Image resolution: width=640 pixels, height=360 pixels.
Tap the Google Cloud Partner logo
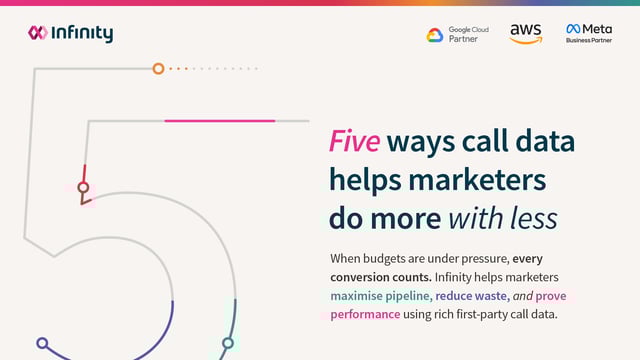pos(452,34)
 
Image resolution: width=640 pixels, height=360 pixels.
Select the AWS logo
pos(525,34)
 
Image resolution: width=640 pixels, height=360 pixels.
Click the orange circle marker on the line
pos(158,69)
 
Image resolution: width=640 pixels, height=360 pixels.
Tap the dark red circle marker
pos(84,187)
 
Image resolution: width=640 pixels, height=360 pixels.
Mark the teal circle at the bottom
pos(228,343)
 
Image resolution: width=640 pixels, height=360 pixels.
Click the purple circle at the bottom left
pos(42,343)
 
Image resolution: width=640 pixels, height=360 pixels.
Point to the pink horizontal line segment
pos(219,121)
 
